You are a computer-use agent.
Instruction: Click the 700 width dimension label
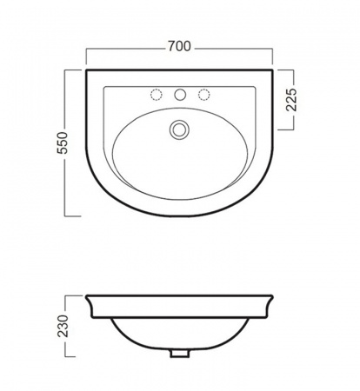pos(179,46)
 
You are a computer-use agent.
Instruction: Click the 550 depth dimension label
pos(63,142)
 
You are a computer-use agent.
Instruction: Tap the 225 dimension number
pos(291,100)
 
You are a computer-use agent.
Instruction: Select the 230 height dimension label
pos(63,326)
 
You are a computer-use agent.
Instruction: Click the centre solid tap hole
pos(180,95)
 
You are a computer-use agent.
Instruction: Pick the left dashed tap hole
pos(157,95)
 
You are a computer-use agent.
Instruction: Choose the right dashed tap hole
pos(203,95)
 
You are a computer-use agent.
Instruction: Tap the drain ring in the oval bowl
pos(179,129)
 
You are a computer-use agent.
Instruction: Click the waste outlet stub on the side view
pos(180,354)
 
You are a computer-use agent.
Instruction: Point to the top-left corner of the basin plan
pos(86,70)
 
